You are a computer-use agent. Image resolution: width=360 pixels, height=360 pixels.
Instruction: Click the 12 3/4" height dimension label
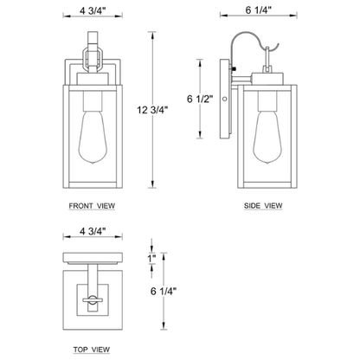(152, 110)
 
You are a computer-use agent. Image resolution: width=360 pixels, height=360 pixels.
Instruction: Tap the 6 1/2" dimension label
(200, 99)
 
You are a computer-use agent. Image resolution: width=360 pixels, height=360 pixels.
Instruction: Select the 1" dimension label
(151, 258)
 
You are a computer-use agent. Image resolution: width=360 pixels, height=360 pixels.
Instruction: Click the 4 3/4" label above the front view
(93, 10)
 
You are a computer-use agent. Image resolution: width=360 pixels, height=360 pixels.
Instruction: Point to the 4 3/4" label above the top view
(93, 231)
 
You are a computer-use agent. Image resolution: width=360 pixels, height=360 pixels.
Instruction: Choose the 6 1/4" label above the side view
(259, 10)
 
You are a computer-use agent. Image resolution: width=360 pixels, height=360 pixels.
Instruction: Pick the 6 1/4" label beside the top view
(164, 291)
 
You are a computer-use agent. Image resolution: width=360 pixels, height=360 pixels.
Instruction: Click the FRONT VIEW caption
(92, 206)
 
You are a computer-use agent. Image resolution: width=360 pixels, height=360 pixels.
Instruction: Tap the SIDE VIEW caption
(263, 206)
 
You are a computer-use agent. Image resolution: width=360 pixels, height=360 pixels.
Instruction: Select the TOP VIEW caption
(92, 350)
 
